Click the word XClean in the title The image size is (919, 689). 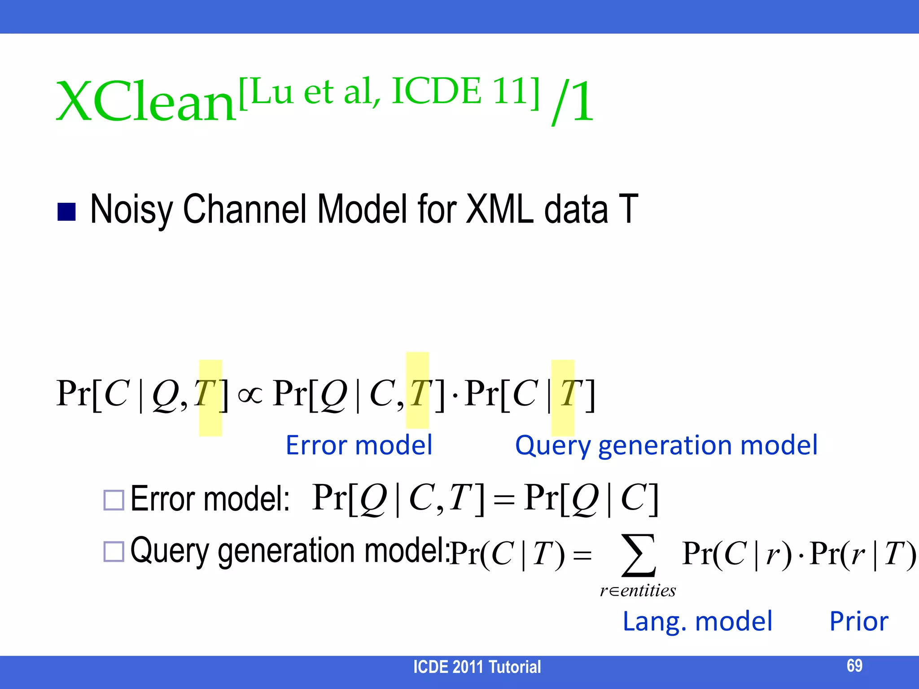146,102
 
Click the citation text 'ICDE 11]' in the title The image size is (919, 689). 466,91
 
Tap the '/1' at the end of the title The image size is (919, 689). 573,102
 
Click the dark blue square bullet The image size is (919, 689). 67,212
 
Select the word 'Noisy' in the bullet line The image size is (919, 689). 131,209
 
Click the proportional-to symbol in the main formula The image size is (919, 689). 250,395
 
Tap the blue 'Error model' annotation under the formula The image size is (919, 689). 359,445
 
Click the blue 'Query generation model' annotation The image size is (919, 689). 666,445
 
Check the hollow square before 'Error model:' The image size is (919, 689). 114,500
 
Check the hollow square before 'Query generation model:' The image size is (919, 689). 114,552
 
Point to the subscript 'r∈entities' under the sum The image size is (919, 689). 638,591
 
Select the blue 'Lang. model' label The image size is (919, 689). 697,622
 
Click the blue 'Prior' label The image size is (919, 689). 858,622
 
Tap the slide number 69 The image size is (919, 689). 854,666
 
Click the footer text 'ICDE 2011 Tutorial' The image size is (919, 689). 477,667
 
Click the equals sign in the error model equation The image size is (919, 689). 503,500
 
